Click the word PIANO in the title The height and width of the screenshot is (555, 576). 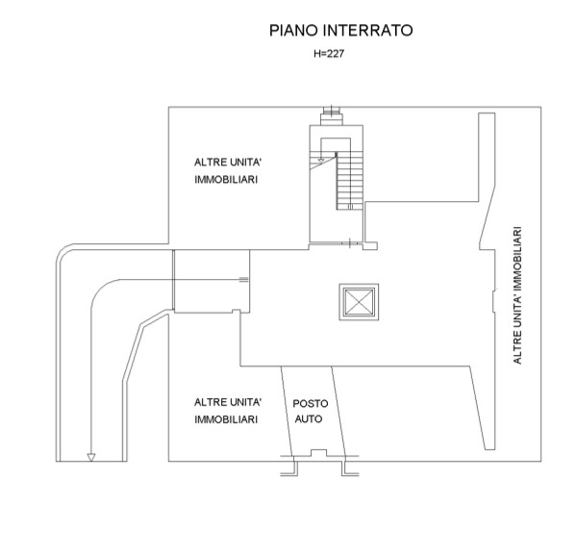pos(294,30)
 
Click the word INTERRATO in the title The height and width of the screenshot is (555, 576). pos(367,30)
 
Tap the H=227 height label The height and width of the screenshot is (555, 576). pos(329,54)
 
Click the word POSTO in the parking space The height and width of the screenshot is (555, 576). pos(311,404)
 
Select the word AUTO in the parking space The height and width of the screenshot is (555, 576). pos(309,419)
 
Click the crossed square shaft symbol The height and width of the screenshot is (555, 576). pos(359,302)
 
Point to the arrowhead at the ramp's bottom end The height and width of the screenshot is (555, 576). pos(91,457)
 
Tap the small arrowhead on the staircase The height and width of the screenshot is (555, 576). pos(321,161)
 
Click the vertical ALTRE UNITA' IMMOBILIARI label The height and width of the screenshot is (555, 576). pos(517,295)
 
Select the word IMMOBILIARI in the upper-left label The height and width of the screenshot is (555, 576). pos(226,180)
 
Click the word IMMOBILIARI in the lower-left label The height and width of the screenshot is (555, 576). pos(226,419)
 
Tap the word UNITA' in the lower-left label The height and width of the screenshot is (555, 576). pos(245,402)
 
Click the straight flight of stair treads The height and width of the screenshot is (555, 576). pos(350,181)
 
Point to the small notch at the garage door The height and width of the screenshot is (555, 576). pos(319,453)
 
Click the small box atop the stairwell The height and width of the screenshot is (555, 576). pos(332,118)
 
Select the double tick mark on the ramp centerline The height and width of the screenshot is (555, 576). pos(243,280)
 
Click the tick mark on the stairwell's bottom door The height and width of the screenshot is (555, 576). pos(350,243)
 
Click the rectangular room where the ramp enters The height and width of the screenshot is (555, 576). pos(212,281)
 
